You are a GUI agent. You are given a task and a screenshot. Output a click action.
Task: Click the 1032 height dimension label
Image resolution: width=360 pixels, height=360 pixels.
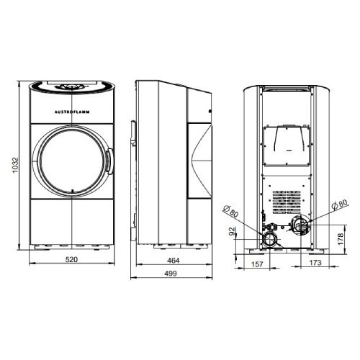point(15,165)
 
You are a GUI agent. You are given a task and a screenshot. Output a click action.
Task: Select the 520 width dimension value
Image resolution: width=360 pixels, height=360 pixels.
point(71,259)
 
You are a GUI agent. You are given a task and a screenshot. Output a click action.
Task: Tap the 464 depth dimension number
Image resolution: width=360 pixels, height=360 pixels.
point(174,261)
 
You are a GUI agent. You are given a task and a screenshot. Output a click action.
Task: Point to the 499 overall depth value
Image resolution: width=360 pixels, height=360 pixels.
point(171,274)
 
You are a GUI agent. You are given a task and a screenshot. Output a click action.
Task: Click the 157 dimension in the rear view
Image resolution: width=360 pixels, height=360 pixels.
point(257,264)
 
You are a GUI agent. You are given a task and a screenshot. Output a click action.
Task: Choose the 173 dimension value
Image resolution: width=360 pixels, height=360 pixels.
point(315,263)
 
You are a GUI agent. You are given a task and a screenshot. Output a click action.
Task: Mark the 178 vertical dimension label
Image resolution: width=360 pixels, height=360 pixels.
point(341,239)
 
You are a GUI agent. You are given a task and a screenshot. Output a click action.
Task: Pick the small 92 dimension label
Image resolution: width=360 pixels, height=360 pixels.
point(232,232)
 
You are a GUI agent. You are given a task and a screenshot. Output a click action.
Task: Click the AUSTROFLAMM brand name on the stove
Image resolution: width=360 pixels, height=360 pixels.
point(72,112)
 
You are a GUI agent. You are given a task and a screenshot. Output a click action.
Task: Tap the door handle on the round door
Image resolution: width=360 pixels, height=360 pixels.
point(109,161)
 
